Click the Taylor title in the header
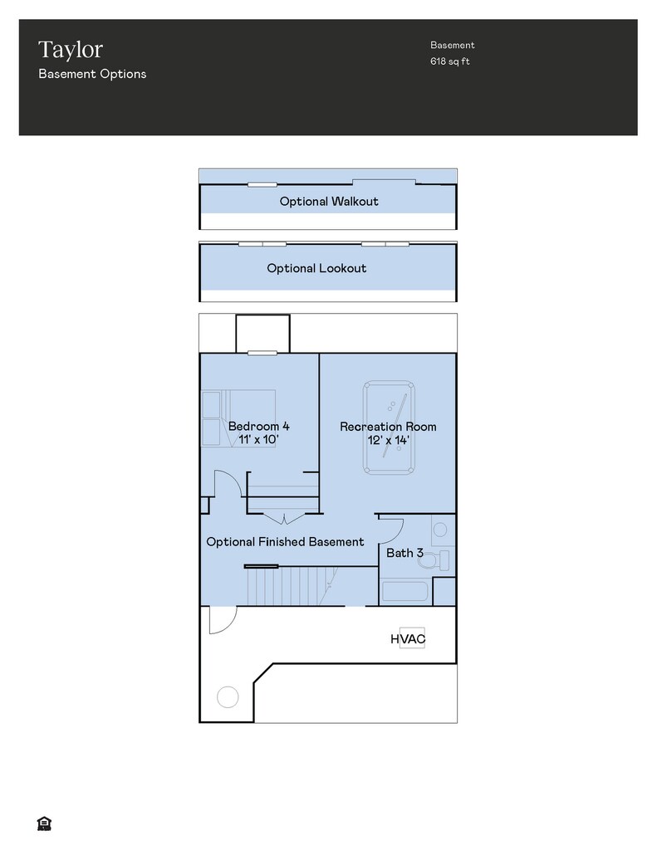(71, 50)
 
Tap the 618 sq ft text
(449, 61)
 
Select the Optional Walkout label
(329, 201)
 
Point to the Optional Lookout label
(316, 268)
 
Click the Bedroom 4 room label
(259, 426)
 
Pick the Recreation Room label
(388, 427)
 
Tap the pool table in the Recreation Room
(389, 427)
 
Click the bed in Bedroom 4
(238, 418)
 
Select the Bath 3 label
(404, 553)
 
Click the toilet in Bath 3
(434, 560)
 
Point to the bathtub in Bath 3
(404, 591)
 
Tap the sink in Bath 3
(440, 530)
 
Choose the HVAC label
(408, 639)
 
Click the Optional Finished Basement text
(285, 541)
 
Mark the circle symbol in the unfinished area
(228, 696)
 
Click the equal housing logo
(44, 824)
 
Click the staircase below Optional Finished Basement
(293, 586)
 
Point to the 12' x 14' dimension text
(389, 440)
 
